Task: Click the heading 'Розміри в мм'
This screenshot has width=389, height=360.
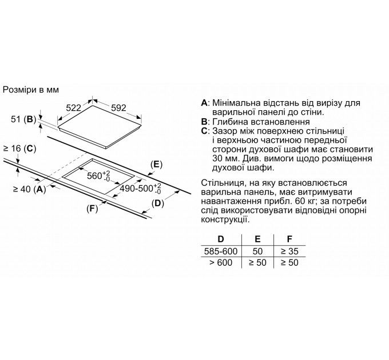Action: point(31,90)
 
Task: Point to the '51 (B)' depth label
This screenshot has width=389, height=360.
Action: point(23,119)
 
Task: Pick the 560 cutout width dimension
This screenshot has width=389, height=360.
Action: point(97,175)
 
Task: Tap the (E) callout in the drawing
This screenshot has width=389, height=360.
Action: point(156,165)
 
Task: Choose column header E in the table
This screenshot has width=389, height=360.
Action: point(257,238)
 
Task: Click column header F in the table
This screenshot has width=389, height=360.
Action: point(289,238)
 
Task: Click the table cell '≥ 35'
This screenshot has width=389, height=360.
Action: point(289,251)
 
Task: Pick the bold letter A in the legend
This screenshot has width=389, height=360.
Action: point(204,103)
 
